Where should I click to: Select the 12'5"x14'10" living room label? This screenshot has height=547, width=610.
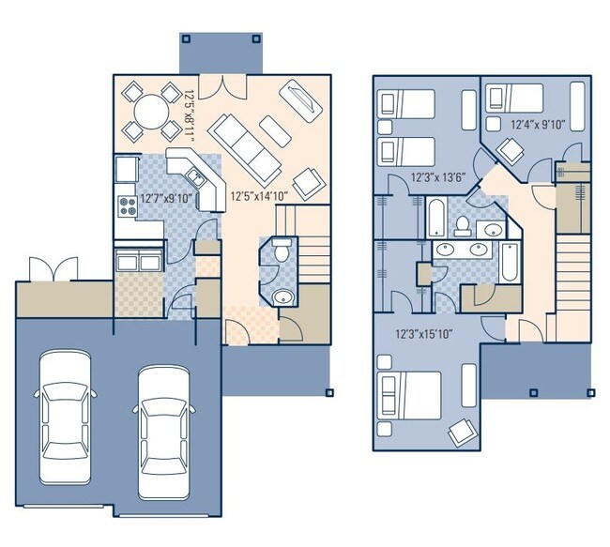pos(258,196)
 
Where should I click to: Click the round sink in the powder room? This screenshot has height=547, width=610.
pos(281,297)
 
